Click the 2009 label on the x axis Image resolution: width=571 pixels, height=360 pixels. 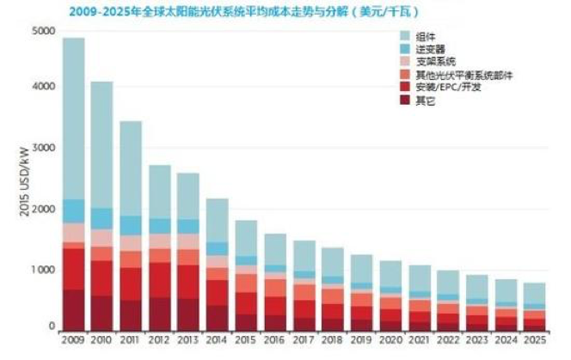[73, 340]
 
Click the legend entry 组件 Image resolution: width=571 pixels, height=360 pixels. [424, 35]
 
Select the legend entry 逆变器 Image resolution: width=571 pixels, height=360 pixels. [427, 49]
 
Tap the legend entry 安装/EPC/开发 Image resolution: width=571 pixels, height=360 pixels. [443, 88]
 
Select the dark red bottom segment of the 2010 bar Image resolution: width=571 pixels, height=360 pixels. [102, 313]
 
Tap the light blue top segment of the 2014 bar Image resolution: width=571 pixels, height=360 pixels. [218, 220]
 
